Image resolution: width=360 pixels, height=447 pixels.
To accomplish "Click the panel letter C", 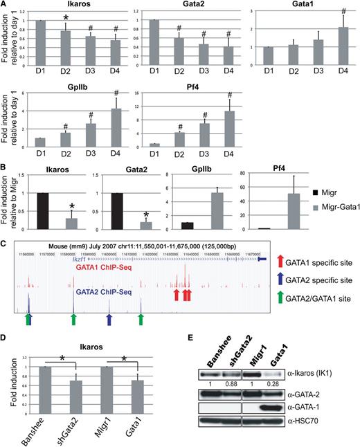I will pyautogui.click(x=6, y=244).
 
